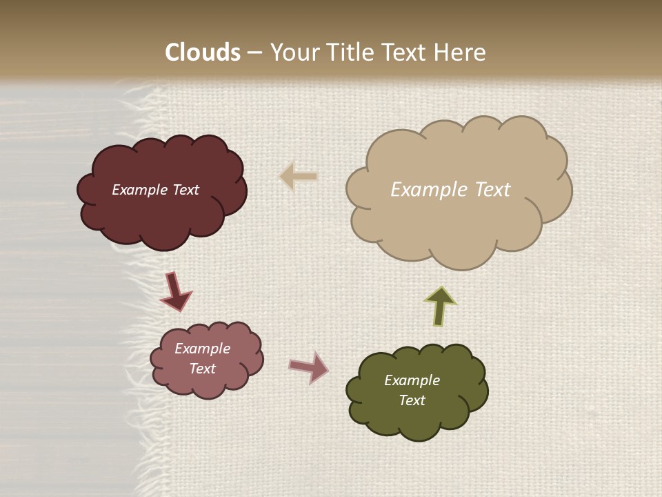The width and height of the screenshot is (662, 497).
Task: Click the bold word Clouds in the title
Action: point(203,52)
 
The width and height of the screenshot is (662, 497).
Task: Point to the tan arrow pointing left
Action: point(299,177)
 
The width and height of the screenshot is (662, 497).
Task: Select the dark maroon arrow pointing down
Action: point(175,291)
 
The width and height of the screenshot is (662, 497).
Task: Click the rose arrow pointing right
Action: point(309,367)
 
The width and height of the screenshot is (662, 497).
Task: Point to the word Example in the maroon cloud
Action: point(139,190)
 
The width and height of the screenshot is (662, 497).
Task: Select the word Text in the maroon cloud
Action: point(184,190)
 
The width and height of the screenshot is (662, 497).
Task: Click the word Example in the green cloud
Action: point(412,380)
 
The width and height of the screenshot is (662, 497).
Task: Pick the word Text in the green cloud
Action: point(412,400)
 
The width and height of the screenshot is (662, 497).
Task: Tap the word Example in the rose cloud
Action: point(202,349)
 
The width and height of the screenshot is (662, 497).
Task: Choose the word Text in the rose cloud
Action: point(202,369)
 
